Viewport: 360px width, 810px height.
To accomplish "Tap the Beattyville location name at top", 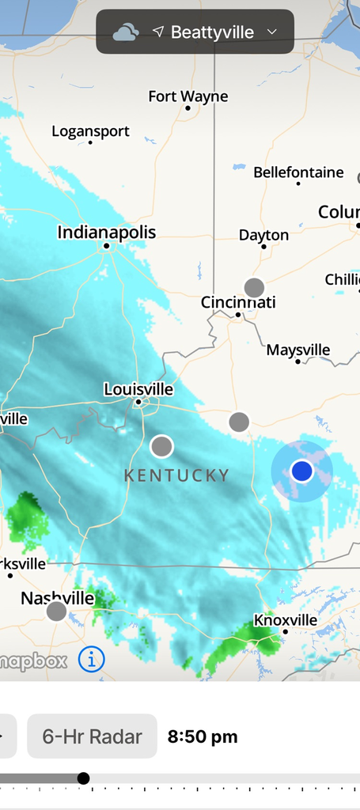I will click(x=212, y=32).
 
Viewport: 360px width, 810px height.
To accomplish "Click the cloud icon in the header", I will click(x=125, y=32).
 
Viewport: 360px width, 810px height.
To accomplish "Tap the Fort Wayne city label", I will click(x=188, y=97).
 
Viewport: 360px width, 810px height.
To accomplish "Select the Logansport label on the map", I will click(x=90, y=131).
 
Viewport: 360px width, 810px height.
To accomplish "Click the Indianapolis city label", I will click(x=107, y=233).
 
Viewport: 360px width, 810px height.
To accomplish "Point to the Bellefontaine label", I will click(x=298, y=172).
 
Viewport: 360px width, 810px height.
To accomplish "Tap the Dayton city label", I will click(x=263, y=235).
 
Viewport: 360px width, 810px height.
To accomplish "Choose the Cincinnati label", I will click(x=238, y=302).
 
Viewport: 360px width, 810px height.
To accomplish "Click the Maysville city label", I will click(x=298, y=350).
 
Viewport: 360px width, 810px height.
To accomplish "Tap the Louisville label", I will click(x=138, y=389).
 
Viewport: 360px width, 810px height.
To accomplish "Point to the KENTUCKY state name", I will click(x=177, y=475).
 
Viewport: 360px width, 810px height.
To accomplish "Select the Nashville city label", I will click(x=58, y=598).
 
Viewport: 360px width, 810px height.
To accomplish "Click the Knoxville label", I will click(x=286, y=620).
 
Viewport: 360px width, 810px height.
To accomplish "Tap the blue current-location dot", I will click(x=301, y=471).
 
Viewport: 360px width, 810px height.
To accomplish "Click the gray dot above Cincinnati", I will click(x=254, y=287).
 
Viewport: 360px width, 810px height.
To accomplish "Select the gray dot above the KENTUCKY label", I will click(x=161, y=446).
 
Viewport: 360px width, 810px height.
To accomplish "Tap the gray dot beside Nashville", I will click(x=56, y=611).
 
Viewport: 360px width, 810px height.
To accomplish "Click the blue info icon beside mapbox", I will click(x=92, y=659).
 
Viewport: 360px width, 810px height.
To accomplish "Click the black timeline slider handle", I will click(x=83, y=778).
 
